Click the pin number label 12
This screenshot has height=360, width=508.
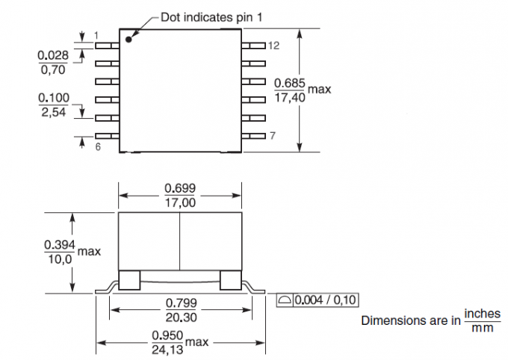point(273,46)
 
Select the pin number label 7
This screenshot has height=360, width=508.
point(273,136)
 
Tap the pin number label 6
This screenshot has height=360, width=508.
point(98,147)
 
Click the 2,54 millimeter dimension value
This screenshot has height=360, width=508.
point(52,112)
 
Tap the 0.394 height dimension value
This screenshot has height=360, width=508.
point(58,245)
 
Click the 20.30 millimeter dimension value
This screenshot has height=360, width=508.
point(179,317)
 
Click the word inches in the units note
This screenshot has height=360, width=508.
point(482,314)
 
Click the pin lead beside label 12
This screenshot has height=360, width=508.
point(254,46)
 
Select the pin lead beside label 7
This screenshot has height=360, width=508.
point(254,136)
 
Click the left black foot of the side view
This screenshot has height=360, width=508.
point(130,279)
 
